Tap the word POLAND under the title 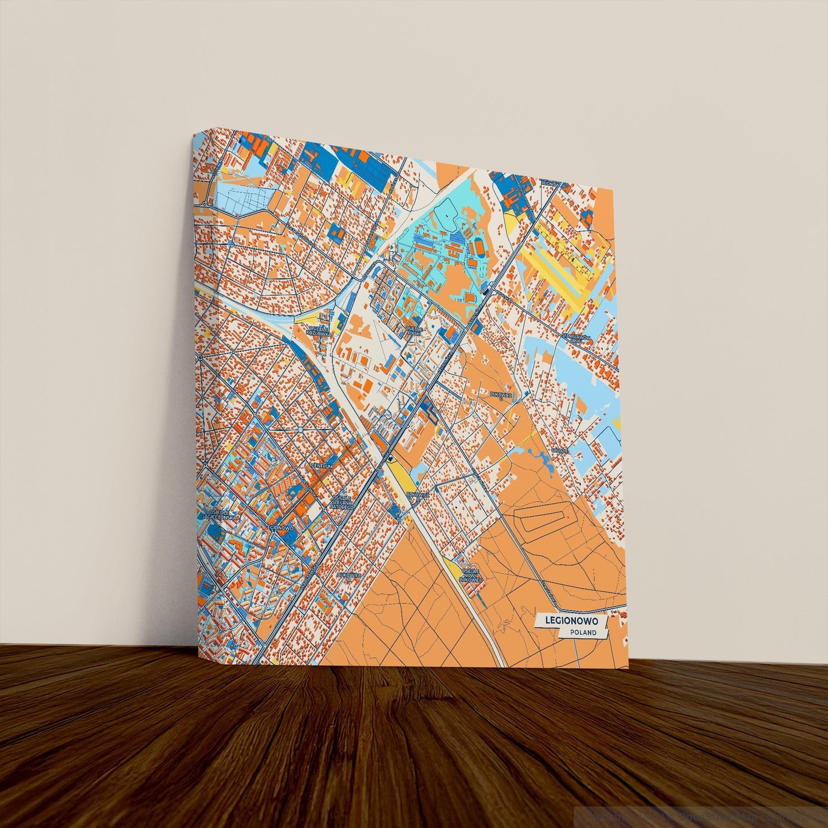tap(583, 633)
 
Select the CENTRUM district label tap(321, 466)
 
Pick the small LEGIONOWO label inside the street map tap(280, 527)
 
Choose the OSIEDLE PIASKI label tap(414, 330)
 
